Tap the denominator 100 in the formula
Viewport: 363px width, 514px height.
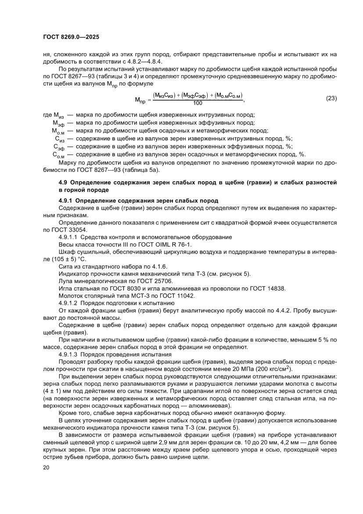[x=198, y=103]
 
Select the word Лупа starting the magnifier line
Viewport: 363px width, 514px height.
[x=65, y=281]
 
